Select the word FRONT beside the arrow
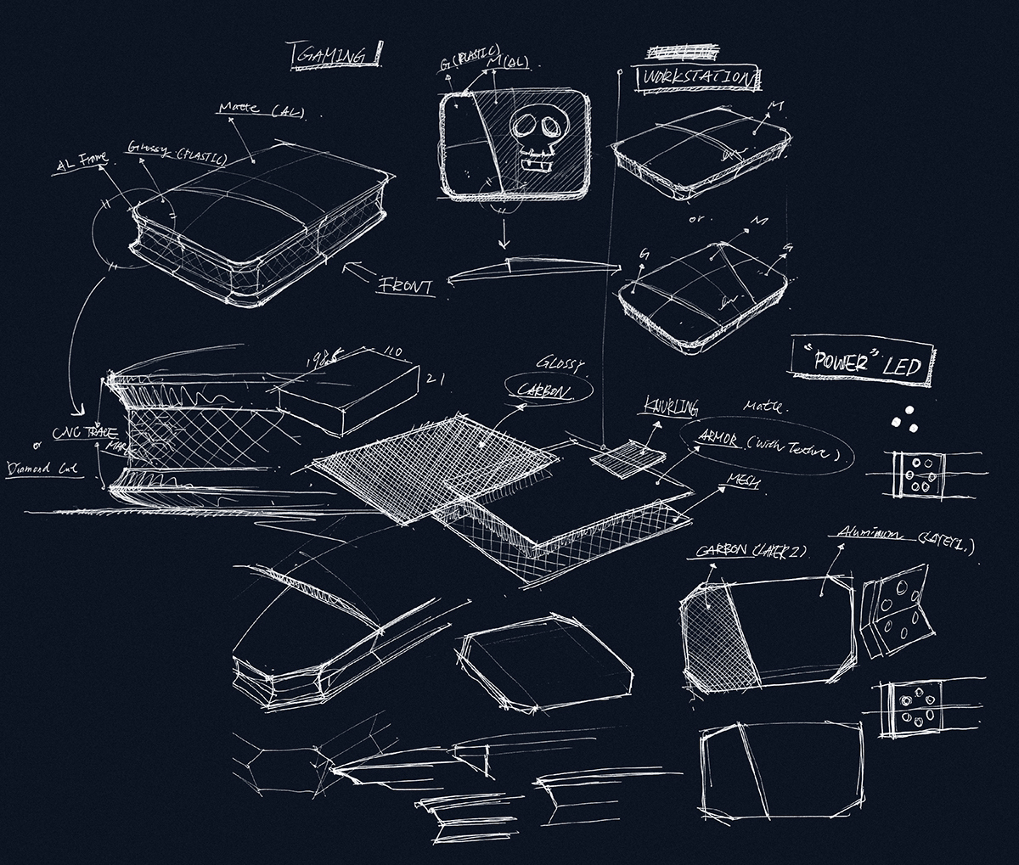pyautogui.click(x=406, y=285)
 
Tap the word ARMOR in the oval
pyautogui.click(x=719, y=438)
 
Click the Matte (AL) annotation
pyautogui.click(x=262, y=110)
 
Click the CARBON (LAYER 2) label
pyautogui.click(x=751, y=551)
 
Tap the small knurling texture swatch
pyautogui.click(x=628, y=458)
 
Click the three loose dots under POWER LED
pyautogui.click(x=904, y=416)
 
